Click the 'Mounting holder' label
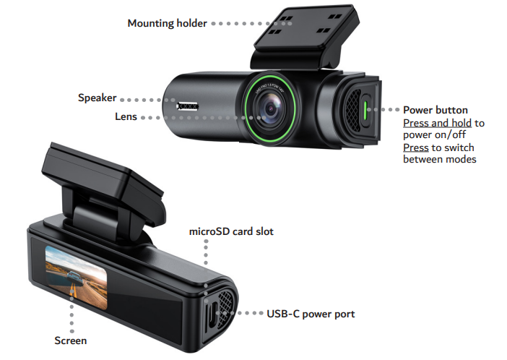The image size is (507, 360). pos(167,23)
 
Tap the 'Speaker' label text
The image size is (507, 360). pos(97,98)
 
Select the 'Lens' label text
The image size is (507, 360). pos(126,116)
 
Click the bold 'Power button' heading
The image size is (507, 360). pos(435,110)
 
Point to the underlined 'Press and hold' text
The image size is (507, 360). pos(437,123)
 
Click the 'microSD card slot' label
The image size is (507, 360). pos(231,231)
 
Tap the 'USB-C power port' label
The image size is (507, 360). pos(311,314)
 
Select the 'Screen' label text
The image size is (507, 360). pos(71,340)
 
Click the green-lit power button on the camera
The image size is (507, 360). pos(365,111)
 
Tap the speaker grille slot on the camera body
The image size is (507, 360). pos(187,106)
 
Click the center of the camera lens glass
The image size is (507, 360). pos(270,108)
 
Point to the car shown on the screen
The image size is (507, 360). pos(74,276)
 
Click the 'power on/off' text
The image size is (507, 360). pos(434,135)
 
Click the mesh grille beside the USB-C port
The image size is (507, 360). pos(225,307)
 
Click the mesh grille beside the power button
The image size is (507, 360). pos(353,110)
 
